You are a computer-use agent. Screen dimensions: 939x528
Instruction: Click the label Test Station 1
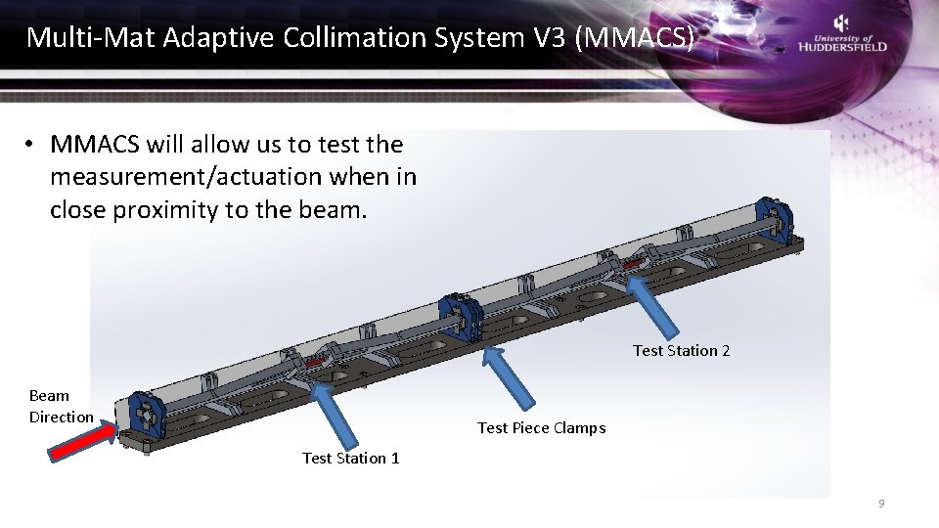350,458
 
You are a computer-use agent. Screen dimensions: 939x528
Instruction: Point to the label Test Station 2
681,350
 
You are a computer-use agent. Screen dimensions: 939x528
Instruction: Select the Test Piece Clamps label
541,427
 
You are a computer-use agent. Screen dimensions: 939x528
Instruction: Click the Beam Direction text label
61,406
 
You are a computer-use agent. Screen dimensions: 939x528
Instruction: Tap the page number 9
881,504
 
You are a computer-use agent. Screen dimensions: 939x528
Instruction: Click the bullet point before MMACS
31,145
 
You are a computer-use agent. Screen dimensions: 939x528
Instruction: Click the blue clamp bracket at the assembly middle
462,319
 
